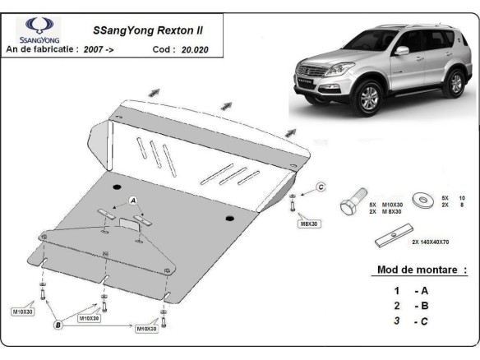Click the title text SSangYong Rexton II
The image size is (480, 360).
click(x=147, y=30)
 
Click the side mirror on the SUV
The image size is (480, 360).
click(x=401, y=51)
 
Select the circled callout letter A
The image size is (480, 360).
click(x=132, y=201)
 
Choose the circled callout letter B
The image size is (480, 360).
click(x=58, y=325)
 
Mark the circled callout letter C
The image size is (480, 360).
click(x=322, y=188)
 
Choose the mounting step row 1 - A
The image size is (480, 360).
click(x=410, y=290)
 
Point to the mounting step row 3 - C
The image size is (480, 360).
click(x=410, y=321)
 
